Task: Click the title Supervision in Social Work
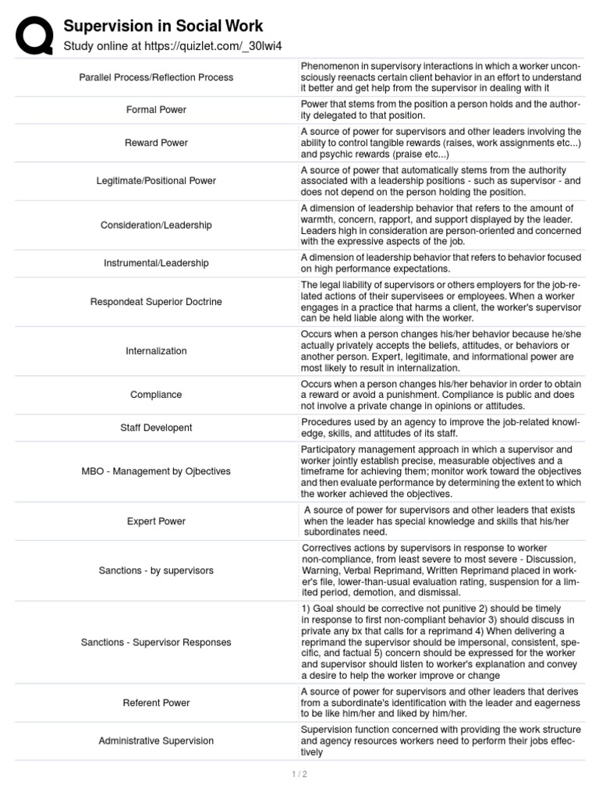pos(163,26)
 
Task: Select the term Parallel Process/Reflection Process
pos(156,77)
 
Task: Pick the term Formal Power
pos(156,110)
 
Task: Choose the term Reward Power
pos(156,144)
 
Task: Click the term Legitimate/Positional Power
pos(156,181)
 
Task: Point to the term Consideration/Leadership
pos(156,225)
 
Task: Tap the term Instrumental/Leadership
pos(156,263)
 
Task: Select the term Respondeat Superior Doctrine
pos(156,302)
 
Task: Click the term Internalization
pos(156,351)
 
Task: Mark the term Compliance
pos(156,395)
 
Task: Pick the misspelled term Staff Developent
pos(156,428)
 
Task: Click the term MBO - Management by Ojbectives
pos(156,471)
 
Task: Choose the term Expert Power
pos(156,521)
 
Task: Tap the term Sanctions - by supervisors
pos(156,570)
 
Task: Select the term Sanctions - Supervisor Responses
pos(156,642)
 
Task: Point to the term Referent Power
pos(156,703)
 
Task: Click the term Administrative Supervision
pos(156,740)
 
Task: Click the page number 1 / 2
pos(299,774)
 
